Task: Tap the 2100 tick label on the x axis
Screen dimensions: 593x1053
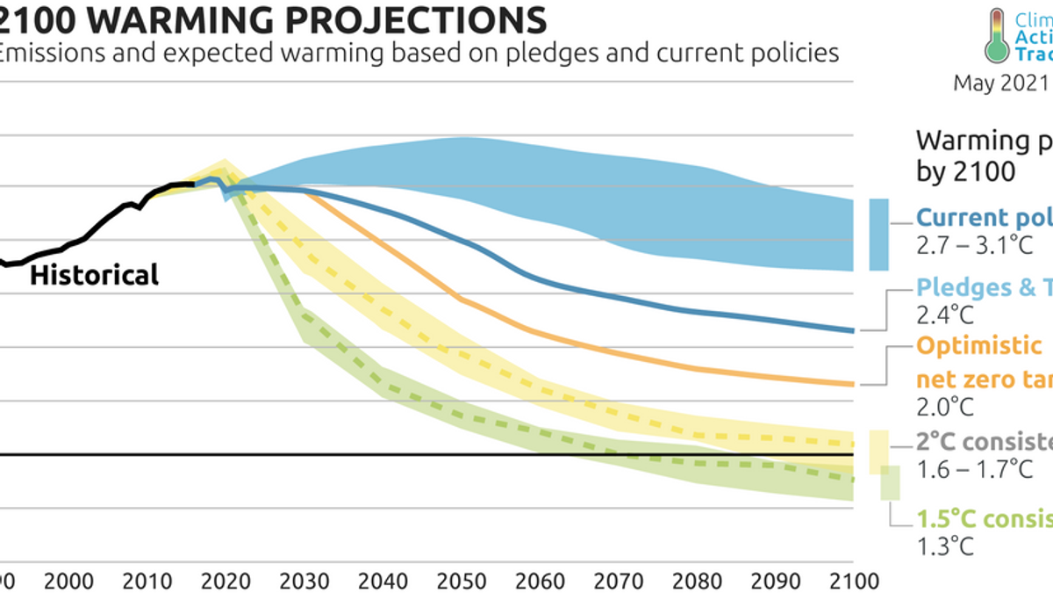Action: (x=853, y=581)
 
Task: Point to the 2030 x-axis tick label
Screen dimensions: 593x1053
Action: (x=304, y=581)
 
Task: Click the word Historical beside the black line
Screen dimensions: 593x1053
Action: (x=95, y=275)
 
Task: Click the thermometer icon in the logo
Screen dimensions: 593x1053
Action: (x=996, y=35)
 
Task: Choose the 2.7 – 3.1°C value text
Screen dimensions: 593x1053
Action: (x=974, y=245)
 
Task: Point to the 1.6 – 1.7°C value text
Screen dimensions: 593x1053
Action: (x=974, y=469)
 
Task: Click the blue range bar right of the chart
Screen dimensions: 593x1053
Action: (x=878, y=235)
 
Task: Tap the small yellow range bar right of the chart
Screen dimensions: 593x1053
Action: (x=877, y=452)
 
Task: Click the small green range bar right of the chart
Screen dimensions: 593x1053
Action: (x=890, y=482)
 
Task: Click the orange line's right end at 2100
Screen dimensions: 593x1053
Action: (x=852, y=384)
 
